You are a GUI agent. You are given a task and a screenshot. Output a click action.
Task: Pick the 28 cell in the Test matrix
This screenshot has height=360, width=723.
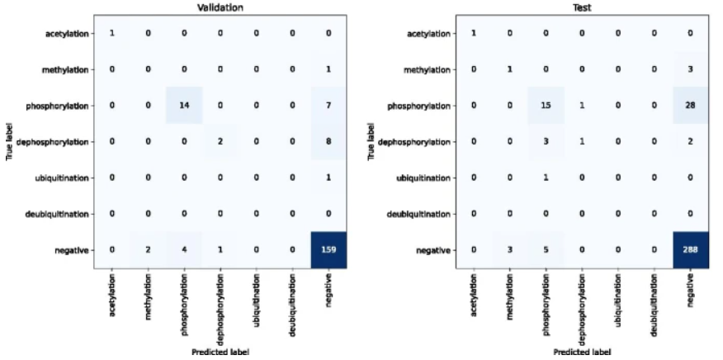click(x=687, y=106)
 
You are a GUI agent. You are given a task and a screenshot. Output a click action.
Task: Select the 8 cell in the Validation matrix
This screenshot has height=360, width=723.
click(x=329, y=142)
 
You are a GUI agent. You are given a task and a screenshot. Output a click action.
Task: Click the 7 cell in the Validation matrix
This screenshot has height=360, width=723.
click(x=329, y=106)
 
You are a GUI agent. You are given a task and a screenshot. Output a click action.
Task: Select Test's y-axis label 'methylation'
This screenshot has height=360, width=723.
click(x=426, y=69)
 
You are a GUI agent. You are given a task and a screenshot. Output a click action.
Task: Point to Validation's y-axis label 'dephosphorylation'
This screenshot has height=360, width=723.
click(x=62, y=142)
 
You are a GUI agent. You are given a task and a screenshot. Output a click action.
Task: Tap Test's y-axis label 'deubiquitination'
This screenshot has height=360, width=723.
click(x=421, y=214)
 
